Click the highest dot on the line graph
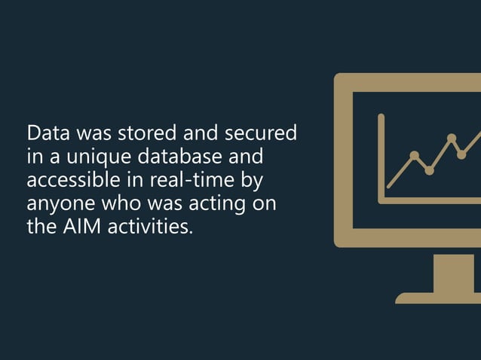pyautogui.click(x=452, y=138)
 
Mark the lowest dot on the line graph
pyautogui.click(x=429, y=171)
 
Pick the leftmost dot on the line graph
pyautogui.click(x=414, y=156)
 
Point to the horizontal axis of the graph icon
pyautogui.click(x=430, y=200)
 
